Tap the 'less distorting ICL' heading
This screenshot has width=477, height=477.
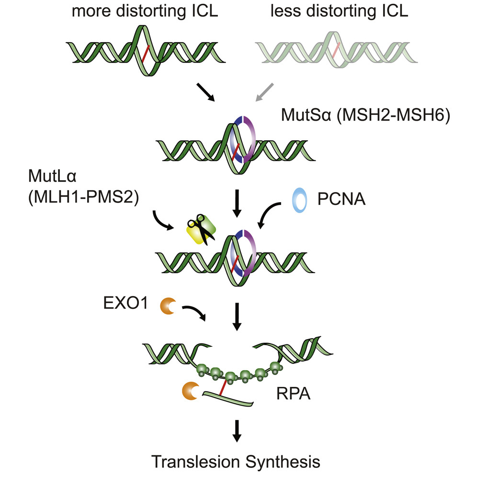[x=339, y=11]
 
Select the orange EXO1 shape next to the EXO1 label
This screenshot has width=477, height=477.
[x=169, y=307]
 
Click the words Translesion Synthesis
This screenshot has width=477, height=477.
[x=236, y=462]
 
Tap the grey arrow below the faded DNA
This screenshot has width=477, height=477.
[x=264, y=92]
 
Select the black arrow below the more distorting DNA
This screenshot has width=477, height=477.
[x=205, y=92]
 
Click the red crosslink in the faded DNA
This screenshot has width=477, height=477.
[x=337, y=49]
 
